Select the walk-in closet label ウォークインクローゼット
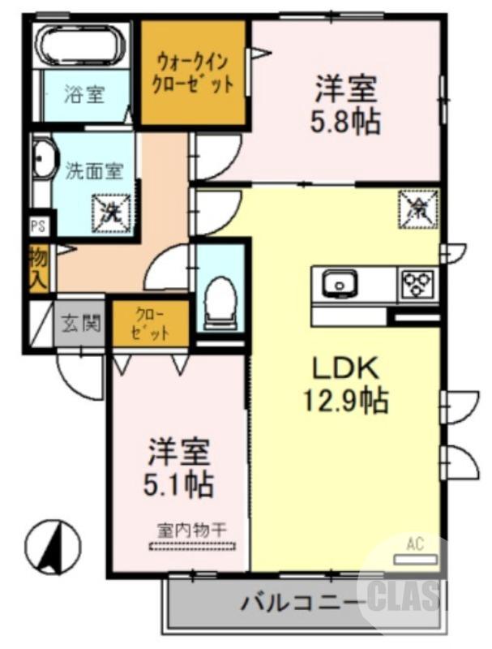coord(194,72)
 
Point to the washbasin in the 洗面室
coord(42,160)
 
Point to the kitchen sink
coord(339,284)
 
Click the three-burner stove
coord(417,284)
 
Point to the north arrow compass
coord(53,548)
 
